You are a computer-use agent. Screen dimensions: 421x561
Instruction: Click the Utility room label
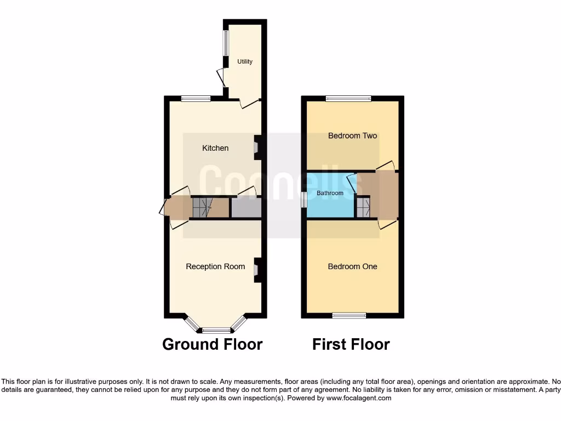pyautogui.click(x=245, y=61)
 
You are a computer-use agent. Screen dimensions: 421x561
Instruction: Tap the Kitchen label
pyautogui.click(x=215, y=148)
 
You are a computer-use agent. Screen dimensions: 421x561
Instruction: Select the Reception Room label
pyautogui.click(x=215, y=266)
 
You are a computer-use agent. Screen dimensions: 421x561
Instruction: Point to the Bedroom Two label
pyautogui.click(x=352, y=135)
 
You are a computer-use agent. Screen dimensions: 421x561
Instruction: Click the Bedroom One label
pyautogui.click(x=352, y=266)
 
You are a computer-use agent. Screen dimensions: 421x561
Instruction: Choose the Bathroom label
pyautogui.click(x=330, y=193)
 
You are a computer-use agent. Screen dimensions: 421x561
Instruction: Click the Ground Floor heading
pyautogui.click(x=213, y=344)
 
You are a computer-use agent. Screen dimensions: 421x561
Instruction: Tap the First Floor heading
pyautogui.click(x=351, y=344)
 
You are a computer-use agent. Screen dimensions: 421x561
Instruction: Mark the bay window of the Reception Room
pyautogui.click(x=216, y=330)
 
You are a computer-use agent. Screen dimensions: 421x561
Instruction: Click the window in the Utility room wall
pyautogui.click(x=225, y=42)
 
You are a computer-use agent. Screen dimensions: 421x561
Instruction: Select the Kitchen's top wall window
pyautogui.click(x=196, y=99)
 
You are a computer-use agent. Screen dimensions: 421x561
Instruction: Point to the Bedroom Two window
pyautogui.click(x=348, y=99)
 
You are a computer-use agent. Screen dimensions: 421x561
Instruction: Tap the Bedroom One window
pyautogui.click(x=349, y=315)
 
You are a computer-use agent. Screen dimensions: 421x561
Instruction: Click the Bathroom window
pyautogui.click(x=304, y=199)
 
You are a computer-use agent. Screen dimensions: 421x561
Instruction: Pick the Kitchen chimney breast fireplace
pyautogui.click(x=256, y=147)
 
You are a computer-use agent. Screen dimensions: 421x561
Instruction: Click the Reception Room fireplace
pyautogui.click(x=256, y=270)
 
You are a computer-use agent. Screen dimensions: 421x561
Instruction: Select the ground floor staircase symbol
pyautogui.click(x=201, y=208)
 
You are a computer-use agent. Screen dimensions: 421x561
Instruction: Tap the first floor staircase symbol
pyautogui.click(x=363, y=208)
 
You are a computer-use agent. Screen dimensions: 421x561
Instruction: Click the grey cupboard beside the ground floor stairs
pyautogui.click(x=245, y=208)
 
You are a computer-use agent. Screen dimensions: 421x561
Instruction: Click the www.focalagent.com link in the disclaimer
pyautogui.click(x=358, y=398)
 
